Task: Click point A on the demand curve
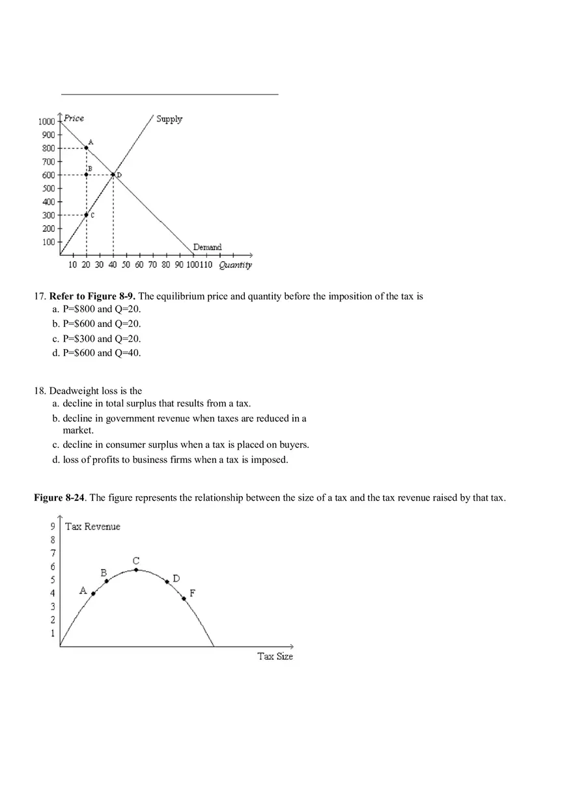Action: (87, 148)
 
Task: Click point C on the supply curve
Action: (87, 215)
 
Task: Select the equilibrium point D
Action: (113, 175)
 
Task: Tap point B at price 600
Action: (87, 175)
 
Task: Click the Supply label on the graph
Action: (169, 119)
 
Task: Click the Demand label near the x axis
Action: (207, 247)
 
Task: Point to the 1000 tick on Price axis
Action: (46, 121)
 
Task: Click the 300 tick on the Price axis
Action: (49, 215)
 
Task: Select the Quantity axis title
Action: (235, 265)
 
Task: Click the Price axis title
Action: (74, 118)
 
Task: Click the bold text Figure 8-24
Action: (60, 498)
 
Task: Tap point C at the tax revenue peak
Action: (136, 570)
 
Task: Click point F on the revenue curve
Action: (184, 598)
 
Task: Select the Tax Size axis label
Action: (275, 656)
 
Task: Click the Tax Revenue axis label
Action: (92, 527)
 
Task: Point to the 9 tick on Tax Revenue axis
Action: (53, 526)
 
